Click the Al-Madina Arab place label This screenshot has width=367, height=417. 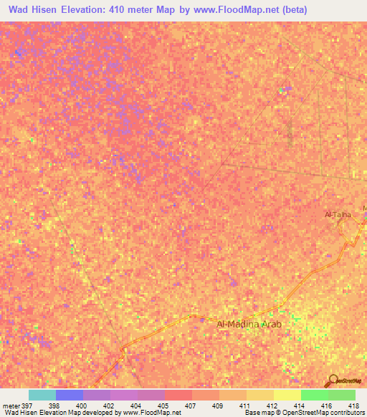(x=249, y=324)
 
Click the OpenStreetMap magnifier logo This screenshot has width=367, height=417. (x=333, y=380)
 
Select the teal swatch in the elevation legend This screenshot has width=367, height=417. (x=42, y=395)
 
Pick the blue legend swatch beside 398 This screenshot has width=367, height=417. (x=70, y=395)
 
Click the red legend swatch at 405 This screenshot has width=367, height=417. (x=178, y=395)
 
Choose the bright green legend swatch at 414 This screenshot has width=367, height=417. (x=315, y=395)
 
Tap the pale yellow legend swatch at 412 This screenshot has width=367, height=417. (x=287, y=395)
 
